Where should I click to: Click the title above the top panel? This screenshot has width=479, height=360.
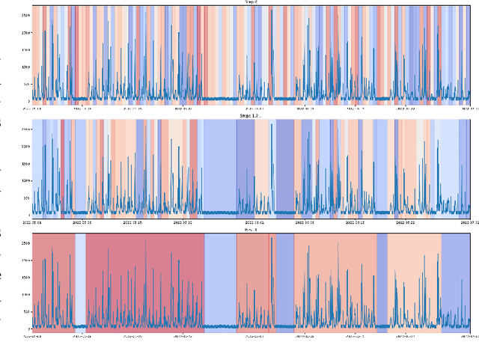point(251,2)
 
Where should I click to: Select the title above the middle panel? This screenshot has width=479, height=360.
point(251,116)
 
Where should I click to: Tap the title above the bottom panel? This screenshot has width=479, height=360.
point(251,230)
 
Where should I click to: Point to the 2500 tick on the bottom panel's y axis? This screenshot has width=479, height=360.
point(26,243)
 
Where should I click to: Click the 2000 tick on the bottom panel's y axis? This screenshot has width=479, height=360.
point(26,260)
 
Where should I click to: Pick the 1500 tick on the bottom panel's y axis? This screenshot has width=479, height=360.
point(26,278)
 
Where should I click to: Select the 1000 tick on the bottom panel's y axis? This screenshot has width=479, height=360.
point(26,295)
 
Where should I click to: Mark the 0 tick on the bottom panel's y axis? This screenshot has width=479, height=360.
point(29,329)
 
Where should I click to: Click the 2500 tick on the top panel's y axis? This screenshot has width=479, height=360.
point(26,15)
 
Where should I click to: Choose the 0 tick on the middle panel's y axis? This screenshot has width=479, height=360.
point(29,215)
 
